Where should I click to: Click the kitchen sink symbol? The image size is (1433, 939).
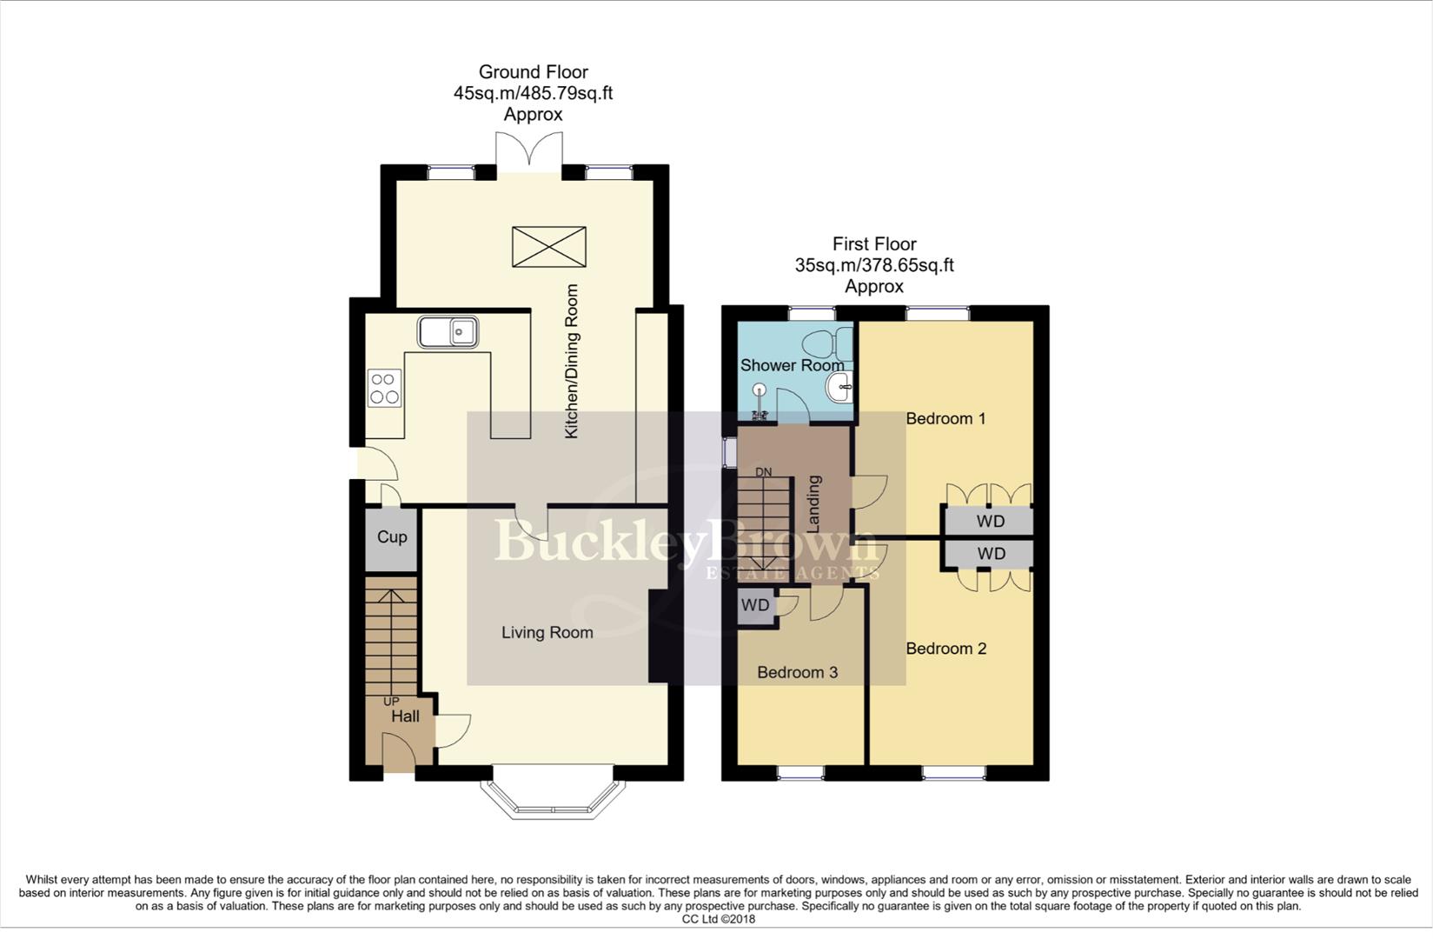[448, 331]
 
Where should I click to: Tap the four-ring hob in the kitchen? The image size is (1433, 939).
[384, 388]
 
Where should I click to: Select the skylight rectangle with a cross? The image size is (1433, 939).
[548, 246]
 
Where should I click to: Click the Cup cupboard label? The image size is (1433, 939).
[392, 537]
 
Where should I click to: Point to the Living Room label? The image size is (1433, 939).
[547, 633]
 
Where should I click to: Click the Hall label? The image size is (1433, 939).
[405, 716]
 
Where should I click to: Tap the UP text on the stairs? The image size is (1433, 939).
[391, 701]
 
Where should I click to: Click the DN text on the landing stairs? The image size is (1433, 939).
[763, 472]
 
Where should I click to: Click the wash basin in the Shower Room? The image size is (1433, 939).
[839, 389]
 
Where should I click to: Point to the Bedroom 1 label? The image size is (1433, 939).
[945, 419]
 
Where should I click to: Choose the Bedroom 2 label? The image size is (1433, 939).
[945, 649]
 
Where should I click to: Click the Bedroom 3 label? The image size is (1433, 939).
[797, 672]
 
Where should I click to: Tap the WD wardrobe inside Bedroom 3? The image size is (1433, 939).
[754, 605]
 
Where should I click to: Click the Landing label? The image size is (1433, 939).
[814, 503]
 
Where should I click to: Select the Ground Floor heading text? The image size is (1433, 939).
[533, 72]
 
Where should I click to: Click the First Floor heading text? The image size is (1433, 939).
[873, 244]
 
